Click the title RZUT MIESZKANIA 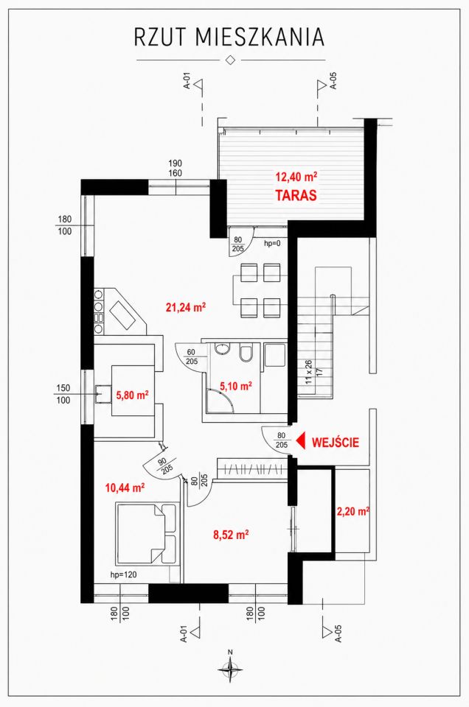click(x=229, y=38)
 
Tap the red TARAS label click(x=296, y=195)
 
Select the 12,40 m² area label click(x=296, y=176)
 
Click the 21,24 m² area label click(x=186, y=308)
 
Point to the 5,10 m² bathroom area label click(x=236, y=386)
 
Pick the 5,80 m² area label click(x=133, y=395)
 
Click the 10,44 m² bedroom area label click(x=125, y=488)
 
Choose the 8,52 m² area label click(x=231, y=535)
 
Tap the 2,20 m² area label click(x=353, y=512)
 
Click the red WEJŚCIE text click(x=336, y=443)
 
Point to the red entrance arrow click(x=301, y=441)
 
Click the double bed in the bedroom click(x=146, y=534)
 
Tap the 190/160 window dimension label click(x=175, y=168)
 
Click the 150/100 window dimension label click(x=63, y=394)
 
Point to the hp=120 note click(x=123, y=575)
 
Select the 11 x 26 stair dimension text click(x=309, y=372)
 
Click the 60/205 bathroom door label click(x=192, y=356)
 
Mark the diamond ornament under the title click(x=230, y=60)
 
